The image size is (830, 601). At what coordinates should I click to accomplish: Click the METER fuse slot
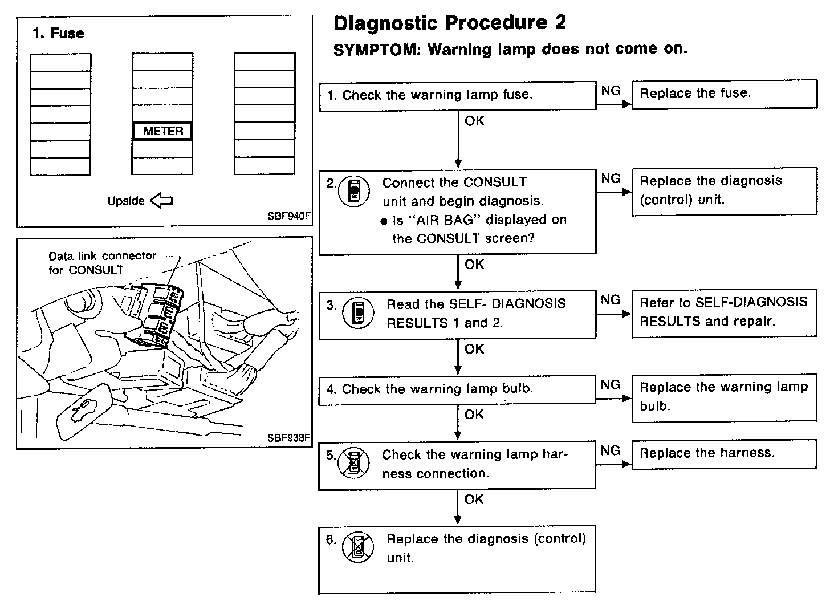tap(163, 131)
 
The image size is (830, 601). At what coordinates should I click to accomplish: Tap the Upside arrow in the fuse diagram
tap(161, 200)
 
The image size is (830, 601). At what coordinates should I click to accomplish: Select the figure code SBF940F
tap(289, 217)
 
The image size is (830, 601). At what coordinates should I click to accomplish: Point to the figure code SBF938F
tap(289, 438)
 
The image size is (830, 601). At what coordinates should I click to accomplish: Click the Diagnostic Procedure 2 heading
tap(450, 23)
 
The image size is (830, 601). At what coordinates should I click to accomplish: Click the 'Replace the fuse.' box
tap(724, 94)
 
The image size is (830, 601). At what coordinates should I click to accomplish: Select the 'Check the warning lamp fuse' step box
tap(457, 95)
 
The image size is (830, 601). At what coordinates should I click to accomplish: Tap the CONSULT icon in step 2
tap(353, 191)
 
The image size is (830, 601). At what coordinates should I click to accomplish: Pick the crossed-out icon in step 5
tap(353, 462)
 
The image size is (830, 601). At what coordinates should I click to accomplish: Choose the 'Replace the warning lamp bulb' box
tap(724, 397)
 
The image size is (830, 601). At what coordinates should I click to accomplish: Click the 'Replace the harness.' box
tap(724, 454)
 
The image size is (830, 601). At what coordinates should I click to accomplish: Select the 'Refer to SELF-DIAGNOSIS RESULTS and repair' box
tap(724, 312)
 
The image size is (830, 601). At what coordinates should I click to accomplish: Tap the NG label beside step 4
tap(610, 385)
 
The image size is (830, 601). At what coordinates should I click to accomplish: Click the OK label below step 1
tap(474, 121)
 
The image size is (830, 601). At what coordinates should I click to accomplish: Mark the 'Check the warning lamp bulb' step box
tap(457, 389)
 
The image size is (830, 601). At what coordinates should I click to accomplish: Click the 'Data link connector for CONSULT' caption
tap(102, 263)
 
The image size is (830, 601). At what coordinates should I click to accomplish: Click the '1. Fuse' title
tap(58, 34)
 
